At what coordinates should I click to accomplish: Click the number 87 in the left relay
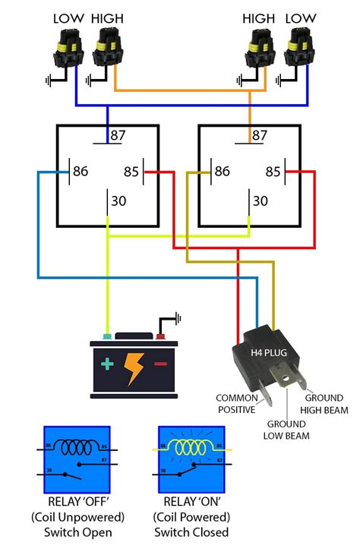tap(118, 136)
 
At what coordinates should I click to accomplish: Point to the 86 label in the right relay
tap(223, 172)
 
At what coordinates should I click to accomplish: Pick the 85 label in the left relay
tap(131, 172)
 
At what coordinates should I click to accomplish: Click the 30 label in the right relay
tap(261, 201)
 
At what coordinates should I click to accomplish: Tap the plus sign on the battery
tap(107, 364)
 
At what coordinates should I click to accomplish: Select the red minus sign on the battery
tap(161, 364)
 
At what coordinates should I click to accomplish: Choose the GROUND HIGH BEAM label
tap(327, 404)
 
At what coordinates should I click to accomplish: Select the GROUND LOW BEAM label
tap(286, 430)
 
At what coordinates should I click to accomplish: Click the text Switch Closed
tap(191, 532)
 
